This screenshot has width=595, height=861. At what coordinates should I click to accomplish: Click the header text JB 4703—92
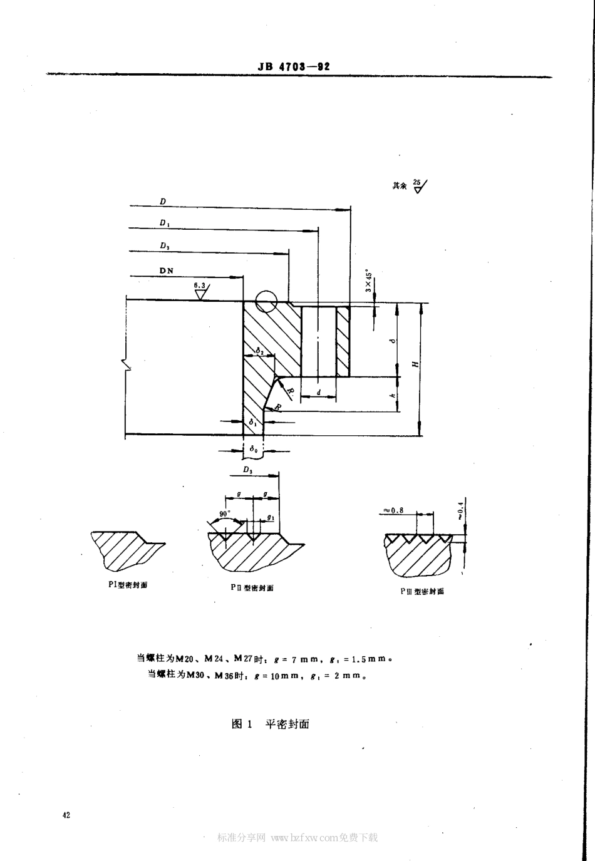click(x=293, y=66)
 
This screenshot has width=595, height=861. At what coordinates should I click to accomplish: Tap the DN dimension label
click(x=167, y=271)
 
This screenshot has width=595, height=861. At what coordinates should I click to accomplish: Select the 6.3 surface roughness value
click(x=200, y=286)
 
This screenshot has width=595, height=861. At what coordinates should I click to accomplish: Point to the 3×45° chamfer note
click(x=369, y=281)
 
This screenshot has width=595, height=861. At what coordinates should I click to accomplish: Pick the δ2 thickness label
click(x=259, y=351)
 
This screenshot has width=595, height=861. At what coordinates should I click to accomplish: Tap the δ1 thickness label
click(x=253, y=423)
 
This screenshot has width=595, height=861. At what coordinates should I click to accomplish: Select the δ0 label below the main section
click(x=252, y=449)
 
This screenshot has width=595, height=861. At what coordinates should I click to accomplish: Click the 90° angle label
click(x=223, y=514)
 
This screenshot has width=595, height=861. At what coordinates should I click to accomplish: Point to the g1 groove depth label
click(x=270, y=517)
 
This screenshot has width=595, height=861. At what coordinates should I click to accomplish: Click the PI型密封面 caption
click(x=128, y=585)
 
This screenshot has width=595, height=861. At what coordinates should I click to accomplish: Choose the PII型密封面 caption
click(x=252, y=588)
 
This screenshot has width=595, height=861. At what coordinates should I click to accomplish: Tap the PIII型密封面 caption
click(x=422, y=591)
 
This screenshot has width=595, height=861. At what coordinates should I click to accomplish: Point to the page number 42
click(x=66, y=815)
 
